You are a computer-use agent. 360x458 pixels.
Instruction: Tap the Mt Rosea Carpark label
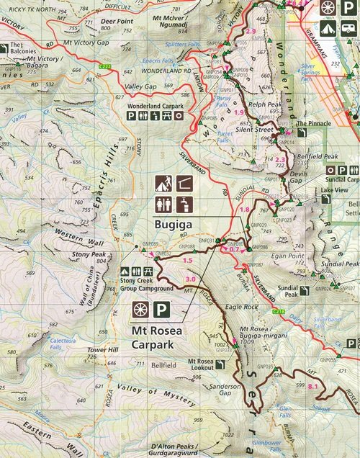pyautogui.click(x=159, y=338)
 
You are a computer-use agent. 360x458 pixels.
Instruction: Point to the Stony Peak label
pyautogui.click(x=89, y=254)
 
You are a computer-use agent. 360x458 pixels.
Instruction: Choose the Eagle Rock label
pyautogui.click(x=240, y=307)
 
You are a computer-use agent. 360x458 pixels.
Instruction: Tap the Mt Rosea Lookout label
pyautogui.click(x=205, y=364)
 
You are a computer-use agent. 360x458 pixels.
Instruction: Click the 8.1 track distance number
pyautogui.click(x=312, y=387)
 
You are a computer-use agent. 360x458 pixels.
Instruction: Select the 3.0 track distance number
pyautogui.click(x=190, y=279)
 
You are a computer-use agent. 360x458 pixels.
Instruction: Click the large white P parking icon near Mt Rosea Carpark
pyautogui.click(x=162, y=310)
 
